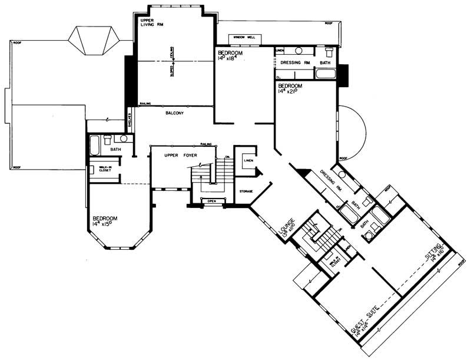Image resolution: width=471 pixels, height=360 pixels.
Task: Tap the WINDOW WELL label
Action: coord(244,38)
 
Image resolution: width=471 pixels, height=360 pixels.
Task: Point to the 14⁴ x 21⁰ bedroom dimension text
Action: coord(290,92)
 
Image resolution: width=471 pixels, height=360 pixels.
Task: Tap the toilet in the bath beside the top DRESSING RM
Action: coord(329,51)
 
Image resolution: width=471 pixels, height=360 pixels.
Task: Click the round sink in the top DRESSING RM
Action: coord(299,51)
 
